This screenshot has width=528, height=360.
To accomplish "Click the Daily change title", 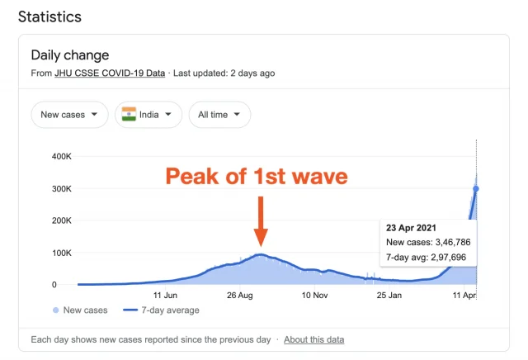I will pyautogui.click(x=70, y=55).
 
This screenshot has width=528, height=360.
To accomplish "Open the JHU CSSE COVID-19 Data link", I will pyautogui.click(x=111, y=73).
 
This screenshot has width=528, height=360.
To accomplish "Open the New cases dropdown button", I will pyautogui.click(x=69, y=115).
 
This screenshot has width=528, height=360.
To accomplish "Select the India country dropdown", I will pyautogui.click(x=148, y=115).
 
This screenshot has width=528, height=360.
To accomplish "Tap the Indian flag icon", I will pyautogui.click(x=129, y=115).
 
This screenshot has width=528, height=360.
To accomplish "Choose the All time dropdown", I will pyautogui.click(x=219, y=115).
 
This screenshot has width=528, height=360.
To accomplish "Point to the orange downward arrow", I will pyautogui.click(x=260, y=220).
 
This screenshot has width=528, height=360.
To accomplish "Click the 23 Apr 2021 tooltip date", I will pyautogui.click(x=411, y=227).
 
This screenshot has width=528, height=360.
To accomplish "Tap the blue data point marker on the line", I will pyautogui.click(x=476, y=189).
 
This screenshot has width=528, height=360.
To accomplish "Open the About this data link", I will pyautogui.click(x=314, y=339).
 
